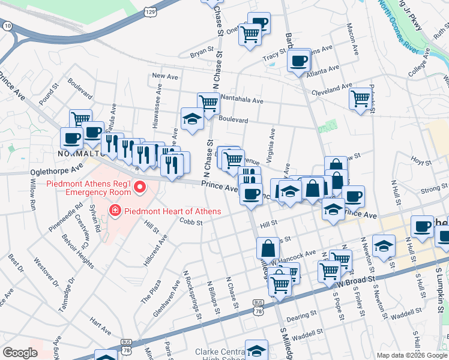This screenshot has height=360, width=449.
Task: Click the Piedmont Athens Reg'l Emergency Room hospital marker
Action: tap(140, 188)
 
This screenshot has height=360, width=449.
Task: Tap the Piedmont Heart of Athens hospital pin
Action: tap(114, 211)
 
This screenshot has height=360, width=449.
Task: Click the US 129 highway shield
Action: tap(150, 11)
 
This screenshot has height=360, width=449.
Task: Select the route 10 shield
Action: tap(7, 26)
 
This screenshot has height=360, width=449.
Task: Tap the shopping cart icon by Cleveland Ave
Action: tap(361, 98)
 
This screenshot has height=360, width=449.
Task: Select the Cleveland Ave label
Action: tap(332, 89)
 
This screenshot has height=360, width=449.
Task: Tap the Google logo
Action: tap(20, 353)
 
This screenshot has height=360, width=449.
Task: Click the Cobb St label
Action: tap(191, 221)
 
